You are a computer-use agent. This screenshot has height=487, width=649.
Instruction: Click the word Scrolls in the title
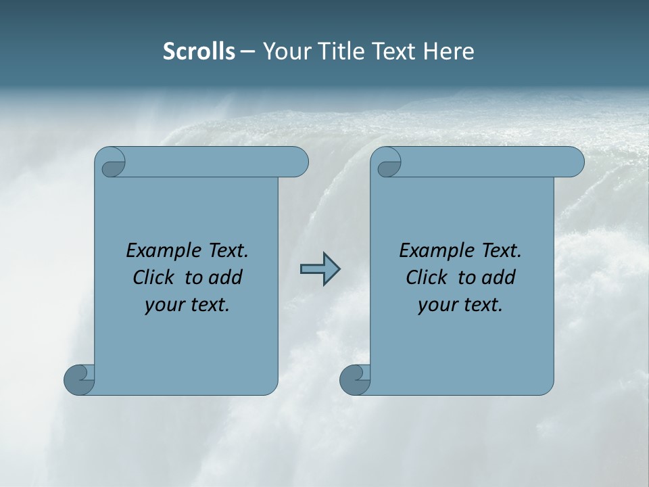pyautogui.click(x=199, y=51)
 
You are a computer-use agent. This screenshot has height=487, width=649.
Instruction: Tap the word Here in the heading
pyautogui.click(x=449, y=51)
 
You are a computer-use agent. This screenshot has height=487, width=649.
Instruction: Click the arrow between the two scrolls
pyautogui.click(x=320, y=269)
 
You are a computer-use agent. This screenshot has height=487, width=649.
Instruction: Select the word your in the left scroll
pyautogui.click(x=164, y=305)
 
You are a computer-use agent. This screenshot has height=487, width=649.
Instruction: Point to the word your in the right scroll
pyautogui.click(x=437, y=305)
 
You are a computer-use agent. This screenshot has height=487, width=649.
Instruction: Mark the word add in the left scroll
pyautogui.click(x=226, y=277)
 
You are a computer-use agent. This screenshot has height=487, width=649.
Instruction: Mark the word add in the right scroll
pyautogui.click(x=499, y=277)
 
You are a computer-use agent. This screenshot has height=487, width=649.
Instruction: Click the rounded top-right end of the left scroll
pyautogui.click(x=297, y=162)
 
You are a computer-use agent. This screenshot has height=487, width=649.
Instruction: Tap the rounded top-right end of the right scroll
pyautogui.click(x=573, y=162)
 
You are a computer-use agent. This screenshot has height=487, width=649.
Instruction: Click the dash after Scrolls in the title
pyautogui.click(x=247, y=52)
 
